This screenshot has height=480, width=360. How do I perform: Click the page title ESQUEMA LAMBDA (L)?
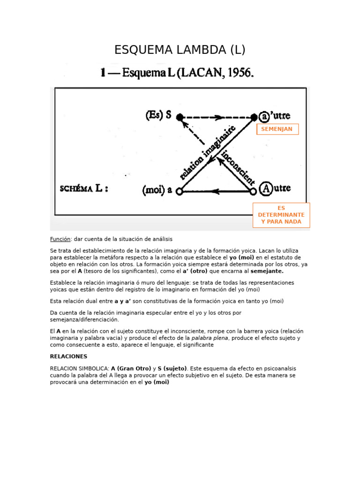pyautogui.click(x=180, y=50)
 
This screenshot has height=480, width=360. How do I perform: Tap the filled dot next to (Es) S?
pyautogui.click(x=180, y=117)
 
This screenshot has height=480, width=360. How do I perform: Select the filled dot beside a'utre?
pyautogui.click(x=254, y=117)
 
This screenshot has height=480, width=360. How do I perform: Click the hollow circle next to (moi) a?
pyautogui.click(x=179, y=191)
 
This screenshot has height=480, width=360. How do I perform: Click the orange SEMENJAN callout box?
pyautogui.click(x=277, y=129)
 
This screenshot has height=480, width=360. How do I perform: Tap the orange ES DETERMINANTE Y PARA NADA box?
pyautogui.click(x=281, y=215)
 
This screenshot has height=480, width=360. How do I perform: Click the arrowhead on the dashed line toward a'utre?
pyautogui.click(x=219, y=117)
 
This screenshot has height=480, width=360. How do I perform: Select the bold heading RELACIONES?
pyautogui.click(x=68, y=356)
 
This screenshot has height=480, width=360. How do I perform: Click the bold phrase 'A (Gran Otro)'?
pyautogui.click(x=131, y=368)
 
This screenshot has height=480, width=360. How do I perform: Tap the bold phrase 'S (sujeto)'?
pyautogui.click(x=172, y=368)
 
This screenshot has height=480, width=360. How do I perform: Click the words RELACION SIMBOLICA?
pyautogui.click(x=79, y=368)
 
